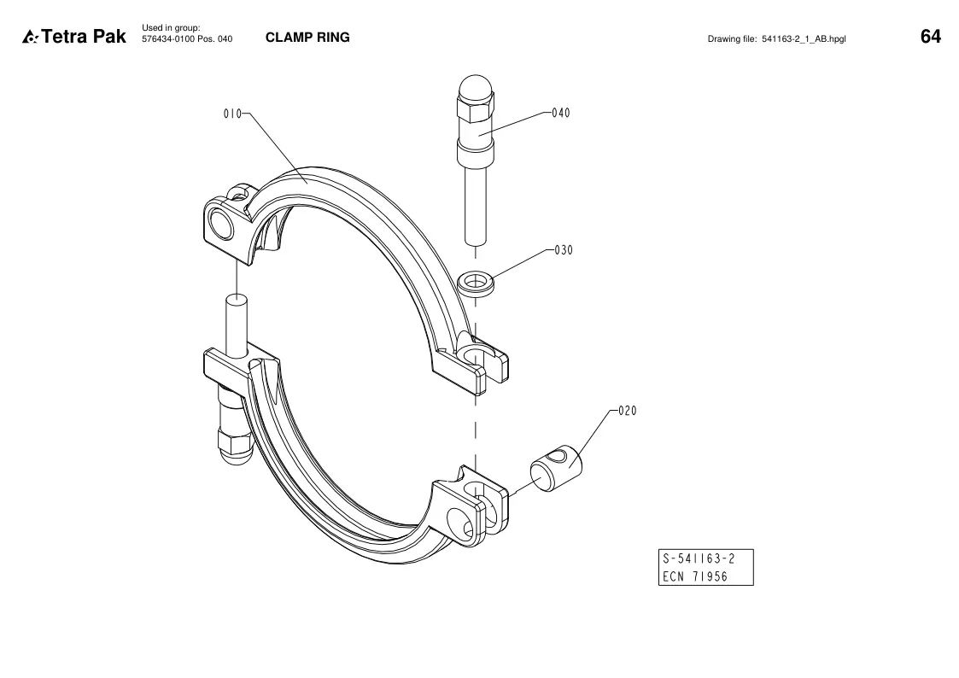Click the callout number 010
(x=232, y=114)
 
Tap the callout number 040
(x=561, y=113)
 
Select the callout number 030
(x=564, y=250)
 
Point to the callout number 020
(x=628, y=411)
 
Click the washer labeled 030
(x=477, y=283)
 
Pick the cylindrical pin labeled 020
(x=556, y=468)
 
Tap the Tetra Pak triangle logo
(x=30, y=38)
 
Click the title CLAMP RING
(x=307, y=38)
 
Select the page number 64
(x=930, y=37)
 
